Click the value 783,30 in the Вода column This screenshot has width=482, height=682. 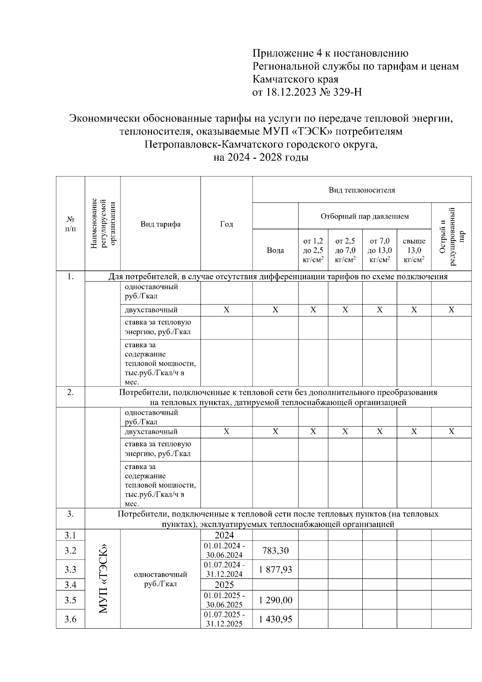pyautogui.click(x=275, y=550)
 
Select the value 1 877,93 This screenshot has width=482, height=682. pyautogui.click(x=275, y=570)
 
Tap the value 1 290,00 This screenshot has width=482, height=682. pyautogui.click(x=275, y=600)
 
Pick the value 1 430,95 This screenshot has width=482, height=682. pyautogui.click(x=275, y=619)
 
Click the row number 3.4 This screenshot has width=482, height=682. pyautogui.click(x=70, y=584)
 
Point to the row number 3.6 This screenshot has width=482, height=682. pyautogui.click(x=70, y=619)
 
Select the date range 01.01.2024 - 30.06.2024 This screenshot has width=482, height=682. pyautogui.click(x=226, y=550)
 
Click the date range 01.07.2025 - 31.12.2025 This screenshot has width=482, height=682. pyautogui.click(x=226, y=619)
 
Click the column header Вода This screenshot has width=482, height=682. pyautogui.click(x=275, y=250)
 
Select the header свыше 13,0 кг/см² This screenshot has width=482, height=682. pyautogui.click(x=414, y=250)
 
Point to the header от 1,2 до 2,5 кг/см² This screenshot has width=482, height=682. pyautogui.click(x=313, y=250)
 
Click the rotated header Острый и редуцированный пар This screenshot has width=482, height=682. pyautogui.click(x=451, y=237)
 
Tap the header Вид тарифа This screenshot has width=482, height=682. pyautogui.click(x=160, y=224)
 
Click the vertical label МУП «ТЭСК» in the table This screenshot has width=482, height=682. pyautogui.click(x=103, y=579)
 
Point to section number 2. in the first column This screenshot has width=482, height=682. pyautogui.click(x=70, y=392)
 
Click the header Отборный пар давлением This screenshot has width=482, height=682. pyautogui.click(x=364, y=216)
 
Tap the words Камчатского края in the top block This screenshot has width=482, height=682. pyautogui.click(x=295, y=79)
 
